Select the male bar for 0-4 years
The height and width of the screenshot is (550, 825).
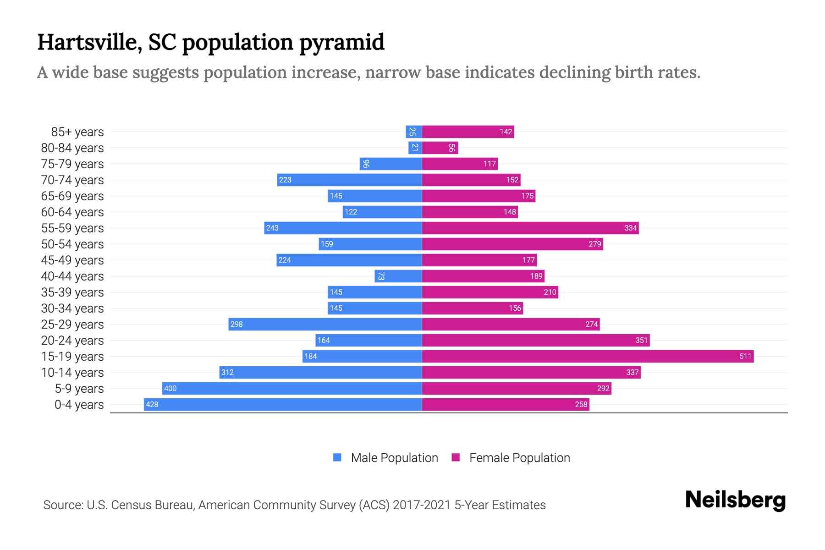(x=283, y=404)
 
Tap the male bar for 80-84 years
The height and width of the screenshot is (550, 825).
(x=415, y=148)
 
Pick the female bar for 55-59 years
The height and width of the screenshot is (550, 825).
(x=530, y=228)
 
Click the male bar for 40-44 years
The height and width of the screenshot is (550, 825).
(x=398, y=276)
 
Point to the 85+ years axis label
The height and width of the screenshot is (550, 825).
(x=77, y=132)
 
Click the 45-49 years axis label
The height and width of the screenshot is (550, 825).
(x=72, y=260)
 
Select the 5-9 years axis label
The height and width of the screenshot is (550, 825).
(x=79, y=389)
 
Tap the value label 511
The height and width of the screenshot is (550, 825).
(x=745, y=356)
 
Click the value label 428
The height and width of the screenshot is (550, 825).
(x=152, y=404)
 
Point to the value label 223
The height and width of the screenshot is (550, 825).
(x=285, y=180)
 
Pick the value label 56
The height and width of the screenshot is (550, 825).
(x=451, y=148)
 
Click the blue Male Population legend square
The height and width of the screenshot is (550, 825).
(x=337, y=457)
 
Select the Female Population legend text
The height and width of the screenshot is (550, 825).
(x=519, y=457)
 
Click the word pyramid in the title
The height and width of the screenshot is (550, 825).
(x=341, y=42)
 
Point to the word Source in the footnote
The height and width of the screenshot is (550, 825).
(x=63, y=505)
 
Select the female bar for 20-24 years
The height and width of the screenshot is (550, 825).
(x=535, y=340)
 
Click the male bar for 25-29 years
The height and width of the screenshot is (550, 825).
(x=325, y=324)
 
